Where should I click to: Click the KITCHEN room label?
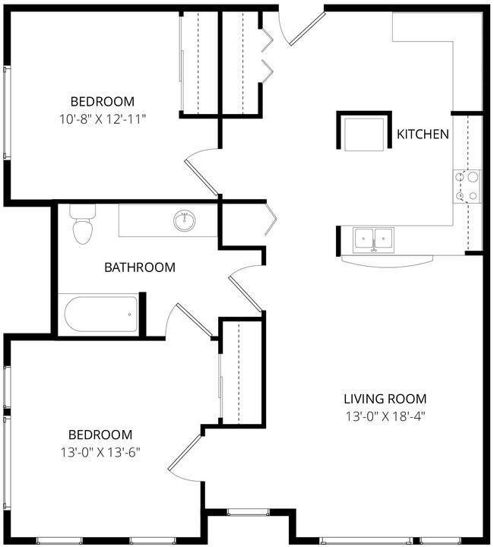tap(423, 134)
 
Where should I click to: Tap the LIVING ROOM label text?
tap(385, 399)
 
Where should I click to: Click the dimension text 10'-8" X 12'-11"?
tap(102, 119)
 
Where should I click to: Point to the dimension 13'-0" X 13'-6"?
tap(100, 451)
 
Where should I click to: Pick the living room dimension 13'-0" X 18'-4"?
tap(385, 416)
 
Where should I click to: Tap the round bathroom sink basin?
tap(184, 221)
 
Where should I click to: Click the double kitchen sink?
tap(373, 239)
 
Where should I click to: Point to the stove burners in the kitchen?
tap(467, 186)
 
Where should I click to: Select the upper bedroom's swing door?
tap(202, 171)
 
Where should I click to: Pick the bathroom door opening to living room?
tap(246, 289)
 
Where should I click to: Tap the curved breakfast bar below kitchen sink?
tap(388, 259)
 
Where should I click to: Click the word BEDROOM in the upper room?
tap(102, 102)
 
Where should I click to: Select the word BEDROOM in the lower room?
tap(100, 435)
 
